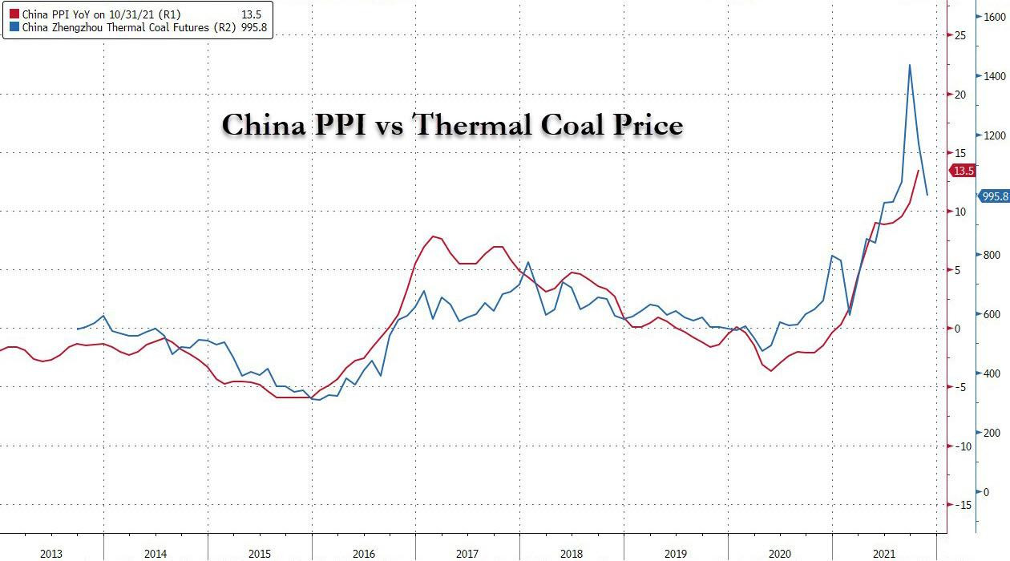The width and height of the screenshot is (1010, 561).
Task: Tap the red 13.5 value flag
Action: (x=962, y=171)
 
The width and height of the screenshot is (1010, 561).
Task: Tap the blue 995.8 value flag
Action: (x=993, y=196)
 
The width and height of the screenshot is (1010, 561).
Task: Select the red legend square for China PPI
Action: (x=14, y=14)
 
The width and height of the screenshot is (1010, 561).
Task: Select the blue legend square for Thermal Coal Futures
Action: (x=14, y=27)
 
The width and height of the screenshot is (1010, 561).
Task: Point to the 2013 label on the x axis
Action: (x=51, y=554)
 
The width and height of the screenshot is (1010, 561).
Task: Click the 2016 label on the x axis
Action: (x=363, y=554)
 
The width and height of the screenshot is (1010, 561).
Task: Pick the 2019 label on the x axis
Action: (x=676, y=554)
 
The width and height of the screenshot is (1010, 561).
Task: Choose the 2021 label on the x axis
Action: (x=884, y=554)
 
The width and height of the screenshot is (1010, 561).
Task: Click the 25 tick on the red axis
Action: (x=959, y=35)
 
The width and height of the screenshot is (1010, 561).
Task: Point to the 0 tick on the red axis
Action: (x=957, y=329)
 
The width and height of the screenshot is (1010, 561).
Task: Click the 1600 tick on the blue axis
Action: (x=995, y=16)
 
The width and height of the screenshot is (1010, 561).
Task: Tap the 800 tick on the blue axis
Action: (x=992, y=255)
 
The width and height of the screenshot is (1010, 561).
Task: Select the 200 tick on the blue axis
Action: (x=992, y=433)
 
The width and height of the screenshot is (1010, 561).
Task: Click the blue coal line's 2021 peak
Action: (x=909, y=65)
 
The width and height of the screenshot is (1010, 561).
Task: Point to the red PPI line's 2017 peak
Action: (x=433, y=236)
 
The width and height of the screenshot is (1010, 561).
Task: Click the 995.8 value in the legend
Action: (x=253, y=27)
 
